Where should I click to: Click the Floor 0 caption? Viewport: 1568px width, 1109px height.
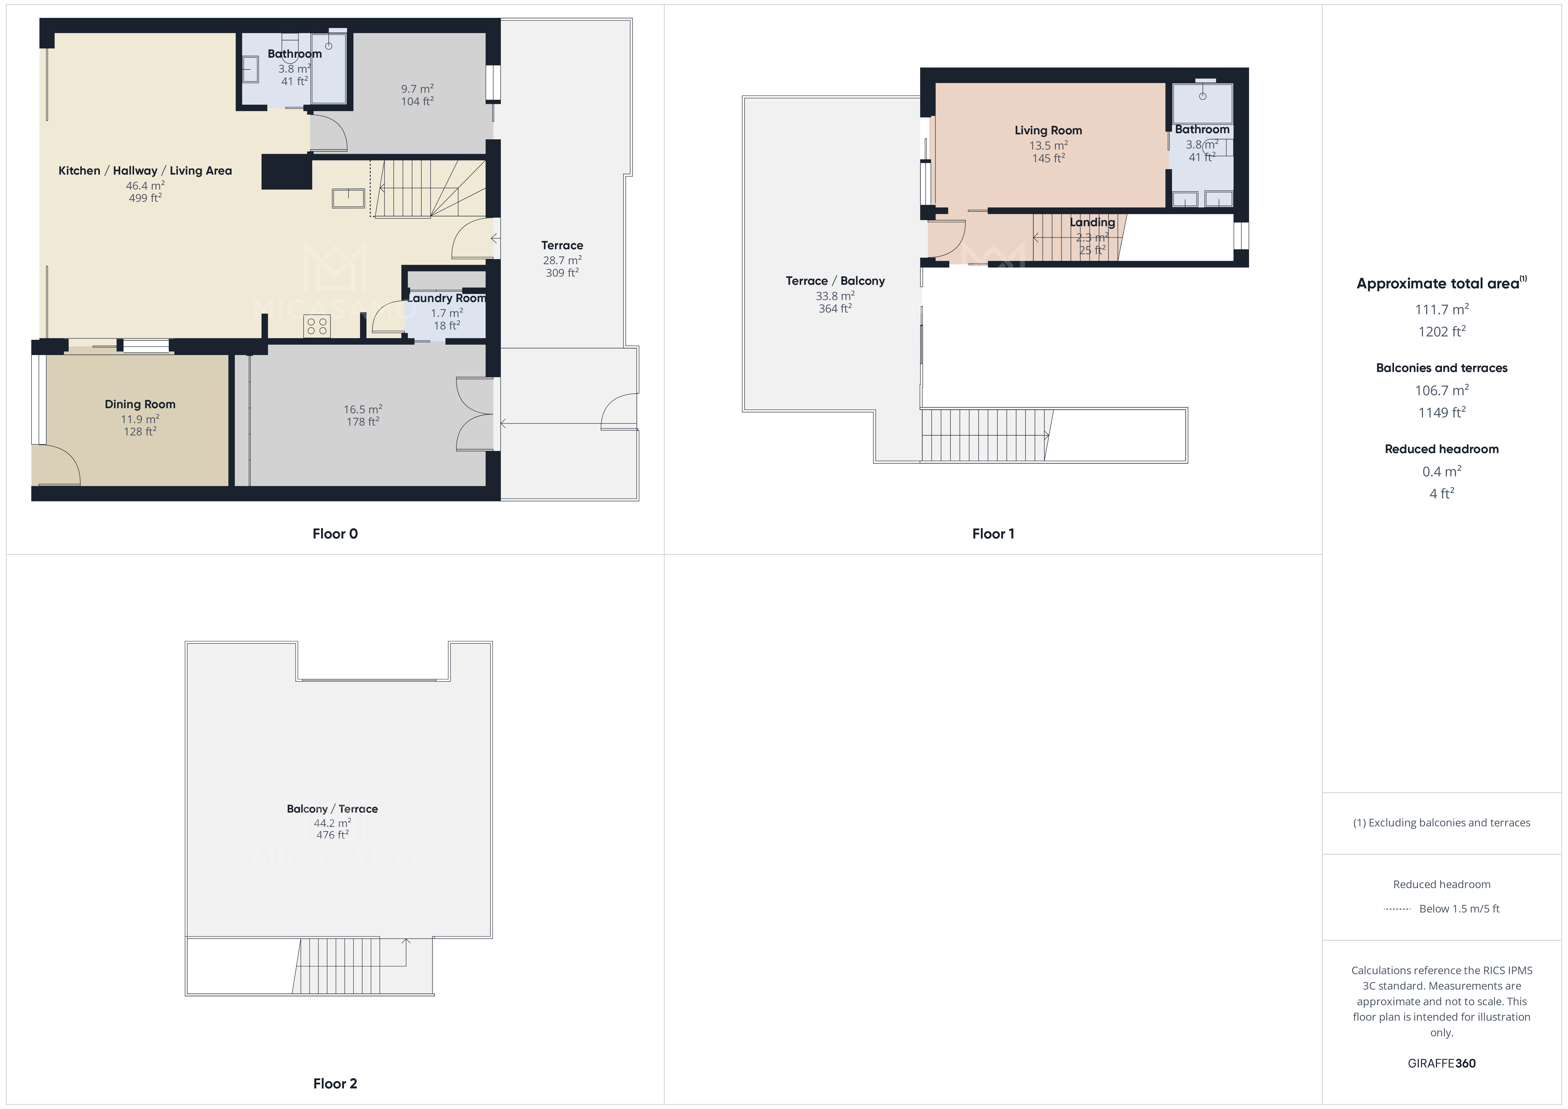point(335,534)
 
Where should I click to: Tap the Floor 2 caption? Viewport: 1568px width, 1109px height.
point(335,1083)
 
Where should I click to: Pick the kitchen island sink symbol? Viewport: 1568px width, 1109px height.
point(348,198)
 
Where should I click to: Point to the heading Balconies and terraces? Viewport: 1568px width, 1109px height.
point(1441,368)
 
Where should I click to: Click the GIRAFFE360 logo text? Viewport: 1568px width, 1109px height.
point(1441,1063)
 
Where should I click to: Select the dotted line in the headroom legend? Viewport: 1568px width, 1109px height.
point(1397,909)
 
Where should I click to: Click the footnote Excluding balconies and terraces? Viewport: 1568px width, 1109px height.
point(1441,823)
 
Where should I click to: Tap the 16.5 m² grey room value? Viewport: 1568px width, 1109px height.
point(362,409)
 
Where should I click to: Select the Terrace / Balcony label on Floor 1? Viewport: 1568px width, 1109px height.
point(835,281)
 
